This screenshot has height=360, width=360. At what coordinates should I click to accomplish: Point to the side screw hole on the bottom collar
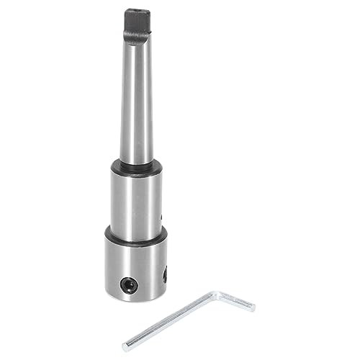pos(166,273)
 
